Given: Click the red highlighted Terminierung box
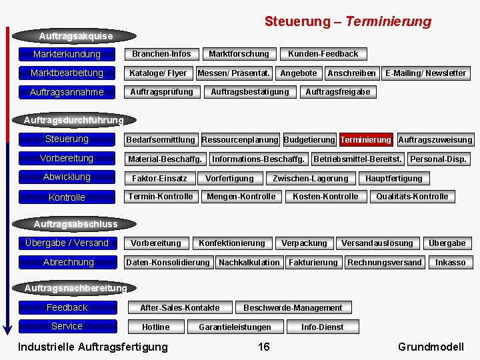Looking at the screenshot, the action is (x=365, y=140).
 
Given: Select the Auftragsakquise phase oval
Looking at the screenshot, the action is (x=75, y=36).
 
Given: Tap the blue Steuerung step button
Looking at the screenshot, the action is (x=67, y=139).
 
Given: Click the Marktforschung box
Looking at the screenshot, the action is (x=239, y=54).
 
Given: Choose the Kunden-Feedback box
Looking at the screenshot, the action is (x=323, y=54).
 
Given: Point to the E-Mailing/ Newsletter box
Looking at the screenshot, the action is (x=425, y=73).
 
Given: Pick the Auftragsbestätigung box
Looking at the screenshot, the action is (x=250, y=92).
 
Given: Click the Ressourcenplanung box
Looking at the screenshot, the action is (x=240, y=140).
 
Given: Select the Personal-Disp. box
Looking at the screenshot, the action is (x=438, y=159).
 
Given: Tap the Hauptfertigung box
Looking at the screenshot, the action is (x=393, y=179).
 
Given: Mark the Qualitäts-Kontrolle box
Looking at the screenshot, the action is (x=412, y=197).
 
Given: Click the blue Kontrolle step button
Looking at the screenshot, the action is (x=67, y=197).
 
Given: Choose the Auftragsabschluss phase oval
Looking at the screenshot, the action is (x=75, y=224).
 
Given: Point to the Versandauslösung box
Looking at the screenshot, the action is (x=377, y=243).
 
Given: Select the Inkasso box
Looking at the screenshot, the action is (x=450, y=263).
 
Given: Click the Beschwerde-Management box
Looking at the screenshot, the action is (x=293, y=308).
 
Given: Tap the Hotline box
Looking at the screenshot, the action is (x=156, y=327).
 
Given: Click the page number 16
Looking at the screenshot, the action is (x=264, y=347).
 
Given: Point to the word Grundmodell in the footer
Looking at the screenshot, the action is (x=431, y=347).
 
